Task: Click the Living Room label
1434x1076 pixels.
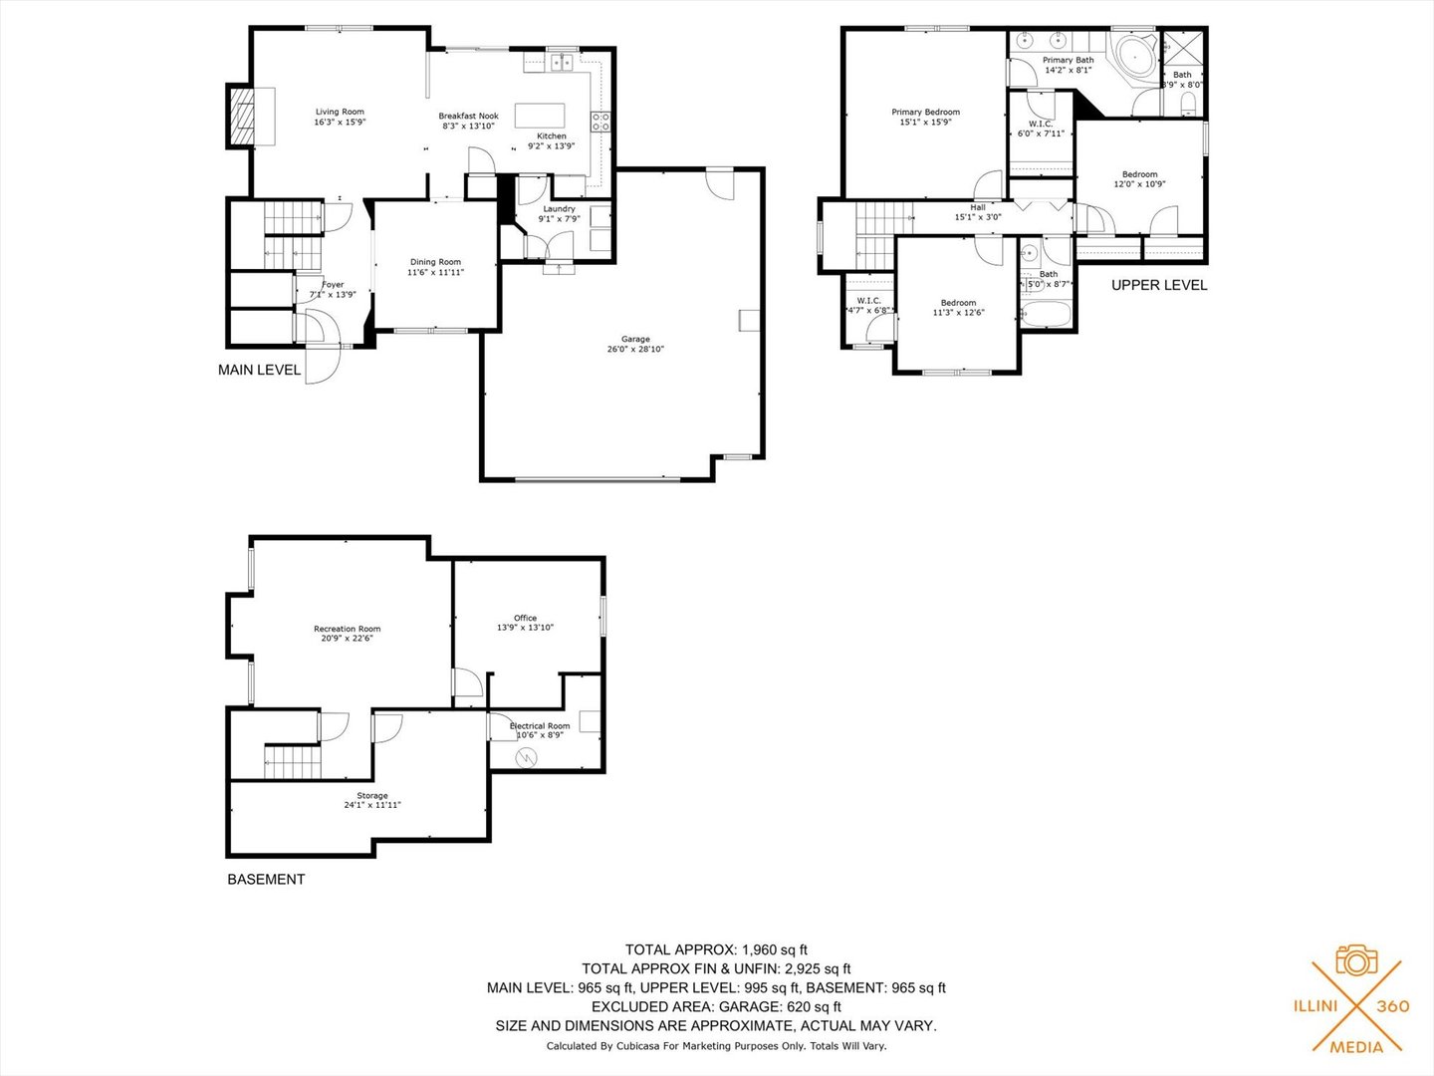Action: pos(340,113)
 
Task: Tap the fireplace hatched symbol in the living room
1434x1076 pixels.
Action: pos(242,117)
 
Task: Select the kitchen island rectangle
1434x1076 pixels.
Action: pos(540,116)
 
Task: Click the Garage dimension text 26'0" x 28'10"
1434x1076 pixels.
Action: pos(635,350)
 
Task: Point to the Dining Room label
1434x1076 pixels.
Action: pos(435,262)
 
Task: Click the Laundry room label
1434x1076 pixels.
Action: pos(559,209)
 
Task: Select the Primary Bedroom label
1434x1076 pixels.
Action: pos(925,113)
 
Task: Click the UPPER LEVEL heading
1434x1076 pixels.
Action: pos(1158,285)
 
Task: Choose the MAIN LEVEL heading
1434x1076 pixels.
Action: pos(259,370)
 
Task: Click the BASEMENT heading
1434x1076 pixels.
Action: pos(266,879)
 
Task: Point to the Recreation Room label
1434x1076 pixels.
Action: pos(347,629)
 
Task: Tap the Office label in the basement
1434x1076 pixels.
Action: pos(525,618)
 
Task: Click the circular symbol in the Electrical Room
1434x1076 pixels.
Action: pos(525,757)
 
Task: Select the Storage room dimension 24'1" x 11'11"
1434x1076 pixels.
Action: pos(371,805)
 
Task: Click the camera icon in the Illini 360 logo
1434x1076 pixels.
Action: pos(1355,960)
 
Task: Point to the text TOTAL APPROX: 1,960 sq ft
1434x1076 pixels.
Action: pos(715,949)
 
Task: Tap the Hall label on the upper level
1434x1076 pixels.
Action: pos(978,207)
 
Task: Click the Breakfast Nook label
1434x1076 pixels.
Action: pos(468,117)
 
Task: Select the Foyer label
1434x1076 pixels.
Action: pos(332,285)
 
